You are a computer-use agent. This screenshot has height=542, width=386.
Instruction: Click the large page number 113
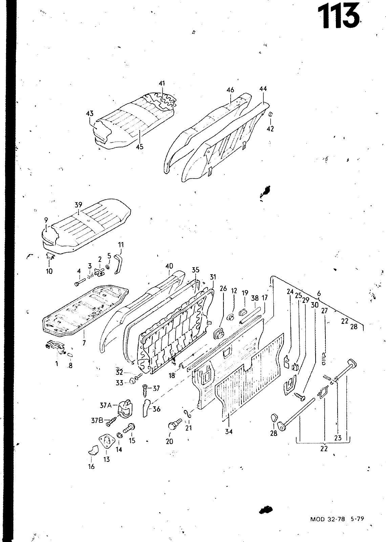click(x=338, y=16)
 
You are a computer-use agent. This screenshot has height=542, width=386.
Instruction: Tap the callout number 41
click(x=163, y=83)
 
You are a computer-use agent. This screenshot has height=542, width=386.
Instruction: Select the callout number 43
click(x=89, y=114)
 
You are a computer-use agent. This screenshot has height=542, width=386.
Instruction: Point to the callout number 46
click(x=230, y=90)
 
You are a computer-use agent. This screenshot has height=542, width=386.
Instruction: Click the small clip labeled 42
click(x=270, y=114)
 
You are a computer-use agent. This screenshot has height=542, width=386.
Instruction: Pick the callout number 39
click(x=78, y=205)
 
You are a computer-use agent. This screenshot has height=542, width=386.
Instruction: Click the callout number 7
click(x=84, y=343)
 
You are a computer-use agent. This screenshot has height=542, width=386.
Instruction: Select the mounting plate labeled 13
click(x=106, y=441)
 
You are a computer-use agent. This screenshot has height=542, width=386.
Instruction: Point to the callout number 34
click(x=229, y=432)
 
